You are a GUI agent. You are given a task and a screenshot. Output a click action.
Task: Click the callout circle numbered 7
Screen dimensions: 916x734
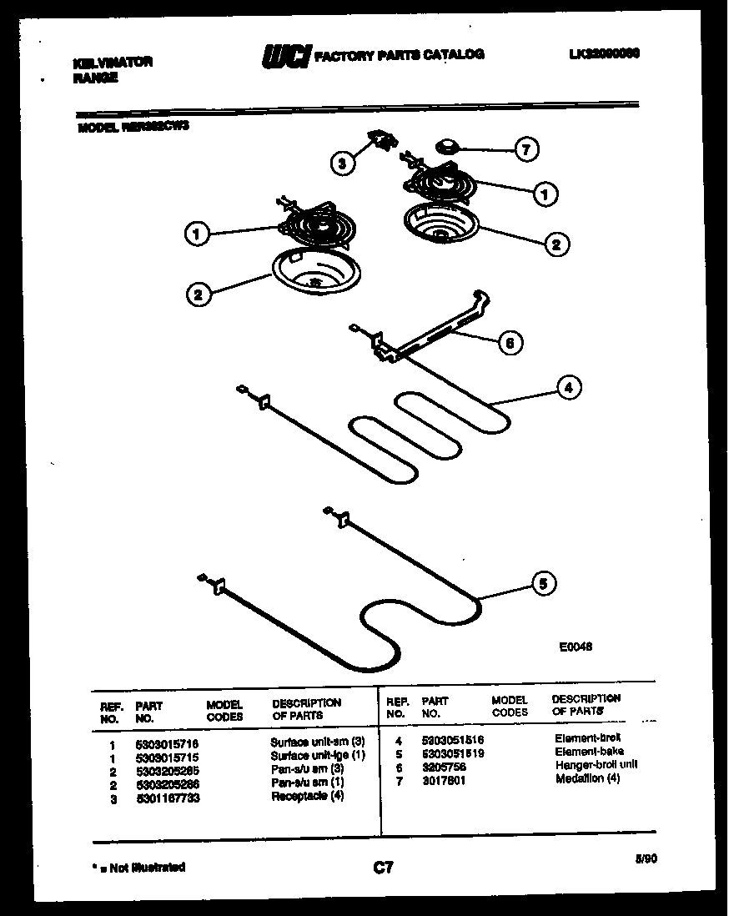pyautogui.click(x=526, y=150)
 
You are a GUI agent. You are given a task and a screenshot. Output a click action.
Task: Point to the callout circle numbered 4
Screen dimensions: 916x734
pyautogui.click(x=568, y=387)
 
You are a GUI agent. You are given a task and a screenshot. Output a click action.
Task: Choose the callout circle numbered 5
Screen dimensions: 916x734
pyautogui.click(x=545, y=584)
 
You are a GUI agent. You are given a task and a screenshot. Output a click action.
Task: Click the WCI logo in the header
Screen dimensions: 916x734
pyautogui.click(x=286, y=55)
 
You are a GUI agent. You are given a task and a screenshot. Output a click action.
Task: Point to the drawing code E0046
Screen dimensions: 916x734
pyautogui.click(x=576, y=645)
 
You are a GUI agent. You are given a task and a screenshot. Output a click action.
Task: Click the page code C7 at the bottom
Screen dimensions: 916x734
pyautogui.click(x=382, y=868)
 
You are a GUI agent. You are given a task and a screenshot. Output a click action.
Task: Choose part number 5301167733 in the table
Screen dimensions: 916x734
pyautogui.click(x=167, y=798)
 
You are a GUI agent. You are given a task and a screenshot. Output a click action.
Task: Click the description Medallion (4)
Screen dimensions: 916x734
pyautogui.click(x=588, y=779)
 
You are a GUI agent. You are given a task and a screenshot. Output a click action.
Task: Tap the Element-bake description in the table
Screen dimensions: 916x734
pyautogui.click(x=589, y=752)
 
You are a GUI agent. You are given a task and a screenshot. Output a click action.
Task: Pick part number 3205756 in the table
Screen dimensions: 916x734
pyautogui.click(x=444, y=767)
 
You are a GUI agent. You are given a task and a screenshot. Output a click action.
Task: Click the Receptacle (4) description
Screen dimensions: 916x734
pyautogui.click(x=307, y=797)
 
